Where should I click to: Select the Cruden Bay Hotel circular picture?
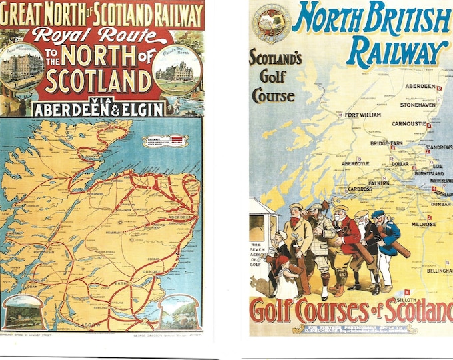pyautogui.click(x=177, y=71)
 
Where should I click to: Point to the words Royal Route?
pyautogui.click(x=102, y=37)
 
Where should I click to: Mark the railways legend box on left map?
pyautogui.click(x=165, y=141)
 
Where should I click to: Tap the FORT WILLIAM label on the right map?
pyautogui.click(x=363, y=115)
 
